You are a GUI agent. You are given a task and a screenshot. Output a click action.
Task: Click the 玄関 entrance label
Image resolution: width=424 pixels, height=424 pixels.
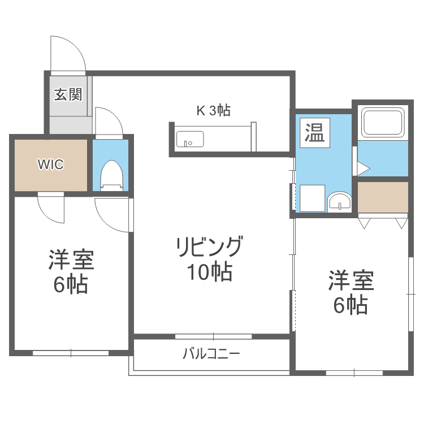pos(68,94)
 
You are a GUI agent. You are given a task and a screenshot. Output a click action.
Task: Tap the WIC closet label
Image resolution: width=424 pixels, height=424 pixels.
pos(51,165)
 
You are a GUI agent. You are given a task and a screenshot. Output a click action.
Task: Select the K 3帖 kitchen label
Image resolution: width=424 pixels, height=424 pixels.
pos(213,111)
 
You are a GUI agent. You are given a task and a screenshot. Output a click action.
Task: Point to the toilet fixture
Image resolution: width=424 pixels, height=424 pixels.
pos(110,176)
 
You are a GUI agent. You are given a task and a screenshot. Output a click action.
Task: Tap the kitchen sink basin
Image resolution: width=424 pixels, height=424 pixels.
pos(190,139)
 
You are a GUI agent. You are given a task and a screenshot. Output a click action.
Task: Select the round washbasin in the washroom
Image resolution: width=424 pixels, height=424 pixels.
pos(340,201)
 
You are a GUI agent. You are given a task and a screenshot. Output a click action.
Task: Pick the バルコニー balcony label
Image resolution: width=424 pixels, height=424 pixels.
pos(211,354)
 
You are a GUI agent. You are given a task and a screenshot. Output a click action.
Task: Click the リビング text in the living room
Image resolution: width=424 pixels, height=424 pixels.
pos(209,247)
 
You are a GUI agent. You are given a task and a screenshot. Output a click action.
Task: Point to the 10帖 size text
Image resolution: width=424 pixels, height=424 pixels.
pos(210,272)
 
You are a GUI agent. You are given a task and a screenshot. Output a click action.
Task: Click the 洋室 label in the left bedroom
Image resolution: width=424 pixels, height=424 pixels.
pos(71,261)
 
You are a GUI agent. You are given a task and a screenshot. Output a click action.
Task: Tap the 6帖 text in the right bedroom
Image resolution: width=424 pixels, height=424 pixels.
pos(351,305)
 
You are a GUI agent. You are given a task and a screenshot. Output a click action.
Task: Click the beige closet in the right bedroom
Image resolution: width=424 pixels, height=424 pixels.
pos(383,195)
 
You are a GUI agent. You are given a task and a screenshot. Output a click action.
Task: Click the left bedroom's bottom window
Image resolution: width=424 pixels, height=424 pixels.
pos(71,353)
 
